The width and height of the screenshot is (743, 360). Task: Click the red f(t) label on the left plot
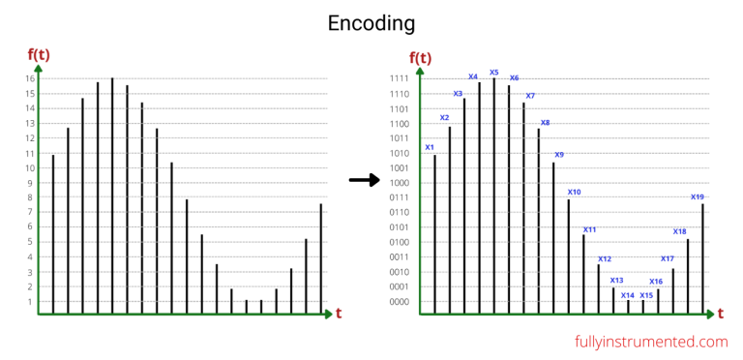(39, 54)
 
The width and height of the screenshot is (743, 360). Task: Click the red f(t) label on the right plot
(420, 57)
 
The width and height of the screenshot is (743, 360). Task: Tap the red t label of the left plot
(339, 314)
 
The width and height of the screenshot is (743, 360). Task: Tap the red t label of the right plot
(722, 314)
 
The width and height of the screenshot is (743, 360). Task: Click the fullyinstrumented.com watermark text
(650, 342)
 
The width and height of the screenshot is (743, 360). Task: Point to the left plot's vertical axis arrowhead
(38, 68)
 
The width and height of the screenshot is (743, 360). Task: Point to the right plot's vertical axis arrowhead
(420, 71)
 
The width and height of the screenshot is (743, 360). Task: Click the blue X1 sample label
(430, 147)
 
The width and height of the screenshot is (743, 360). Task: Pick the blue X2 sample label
(444, 118)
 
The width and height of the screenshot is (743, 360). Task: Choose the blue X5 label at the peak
(493, 72)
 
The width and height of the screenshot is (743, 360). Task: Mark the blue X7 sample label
(529, 96)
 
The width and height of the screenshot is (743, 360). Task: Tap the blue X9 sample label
(559, 154)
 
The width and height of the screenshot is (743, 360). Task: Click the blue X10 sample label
(574, 192)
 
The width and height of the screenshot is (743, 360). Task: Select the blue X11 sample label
(589, 230)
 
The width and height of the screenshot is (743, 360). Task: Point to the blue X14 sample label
(628, 295)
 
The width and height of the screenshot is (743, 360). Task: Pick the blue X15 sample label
(646, 295)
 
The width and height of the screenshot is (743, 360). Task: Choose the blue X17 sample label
(667, 258)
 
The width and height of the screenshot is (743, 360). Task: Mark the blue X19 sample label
(697, 196)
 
